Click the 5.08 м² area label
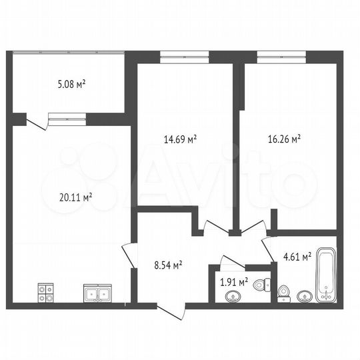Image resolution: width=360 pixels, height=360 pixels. tap(72, 85)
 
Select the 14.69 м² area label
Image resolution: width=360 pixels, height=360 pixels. tap(180, 139)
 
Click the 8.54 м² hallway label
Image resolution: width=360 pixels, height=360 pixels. tap(168, 265)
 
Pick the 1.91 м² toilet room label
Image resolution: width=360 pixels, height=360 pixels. tap(234, 281)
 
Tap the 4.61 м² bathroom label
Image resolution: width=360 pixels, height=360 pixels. tap(297, 257)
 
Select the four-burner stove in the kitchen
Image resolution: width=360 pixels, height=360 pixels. tap(45, 293)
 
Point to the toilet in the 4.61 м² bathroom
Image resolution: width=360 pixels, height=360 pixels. tap(283, 292)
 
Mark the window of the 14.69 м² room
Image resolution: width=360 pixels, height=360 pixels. tap(184, 56)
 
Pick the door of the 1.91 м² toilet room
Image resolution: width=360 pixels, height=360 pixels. tap(233, 261)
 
